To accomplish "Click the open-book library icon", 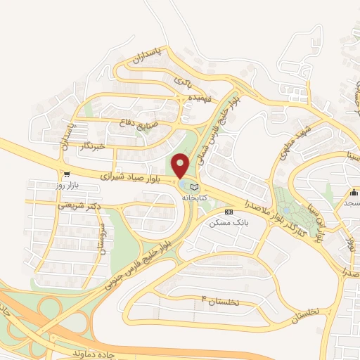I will [x=194, y=188].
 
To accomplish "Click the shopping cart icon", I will [x=66, y=174].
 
